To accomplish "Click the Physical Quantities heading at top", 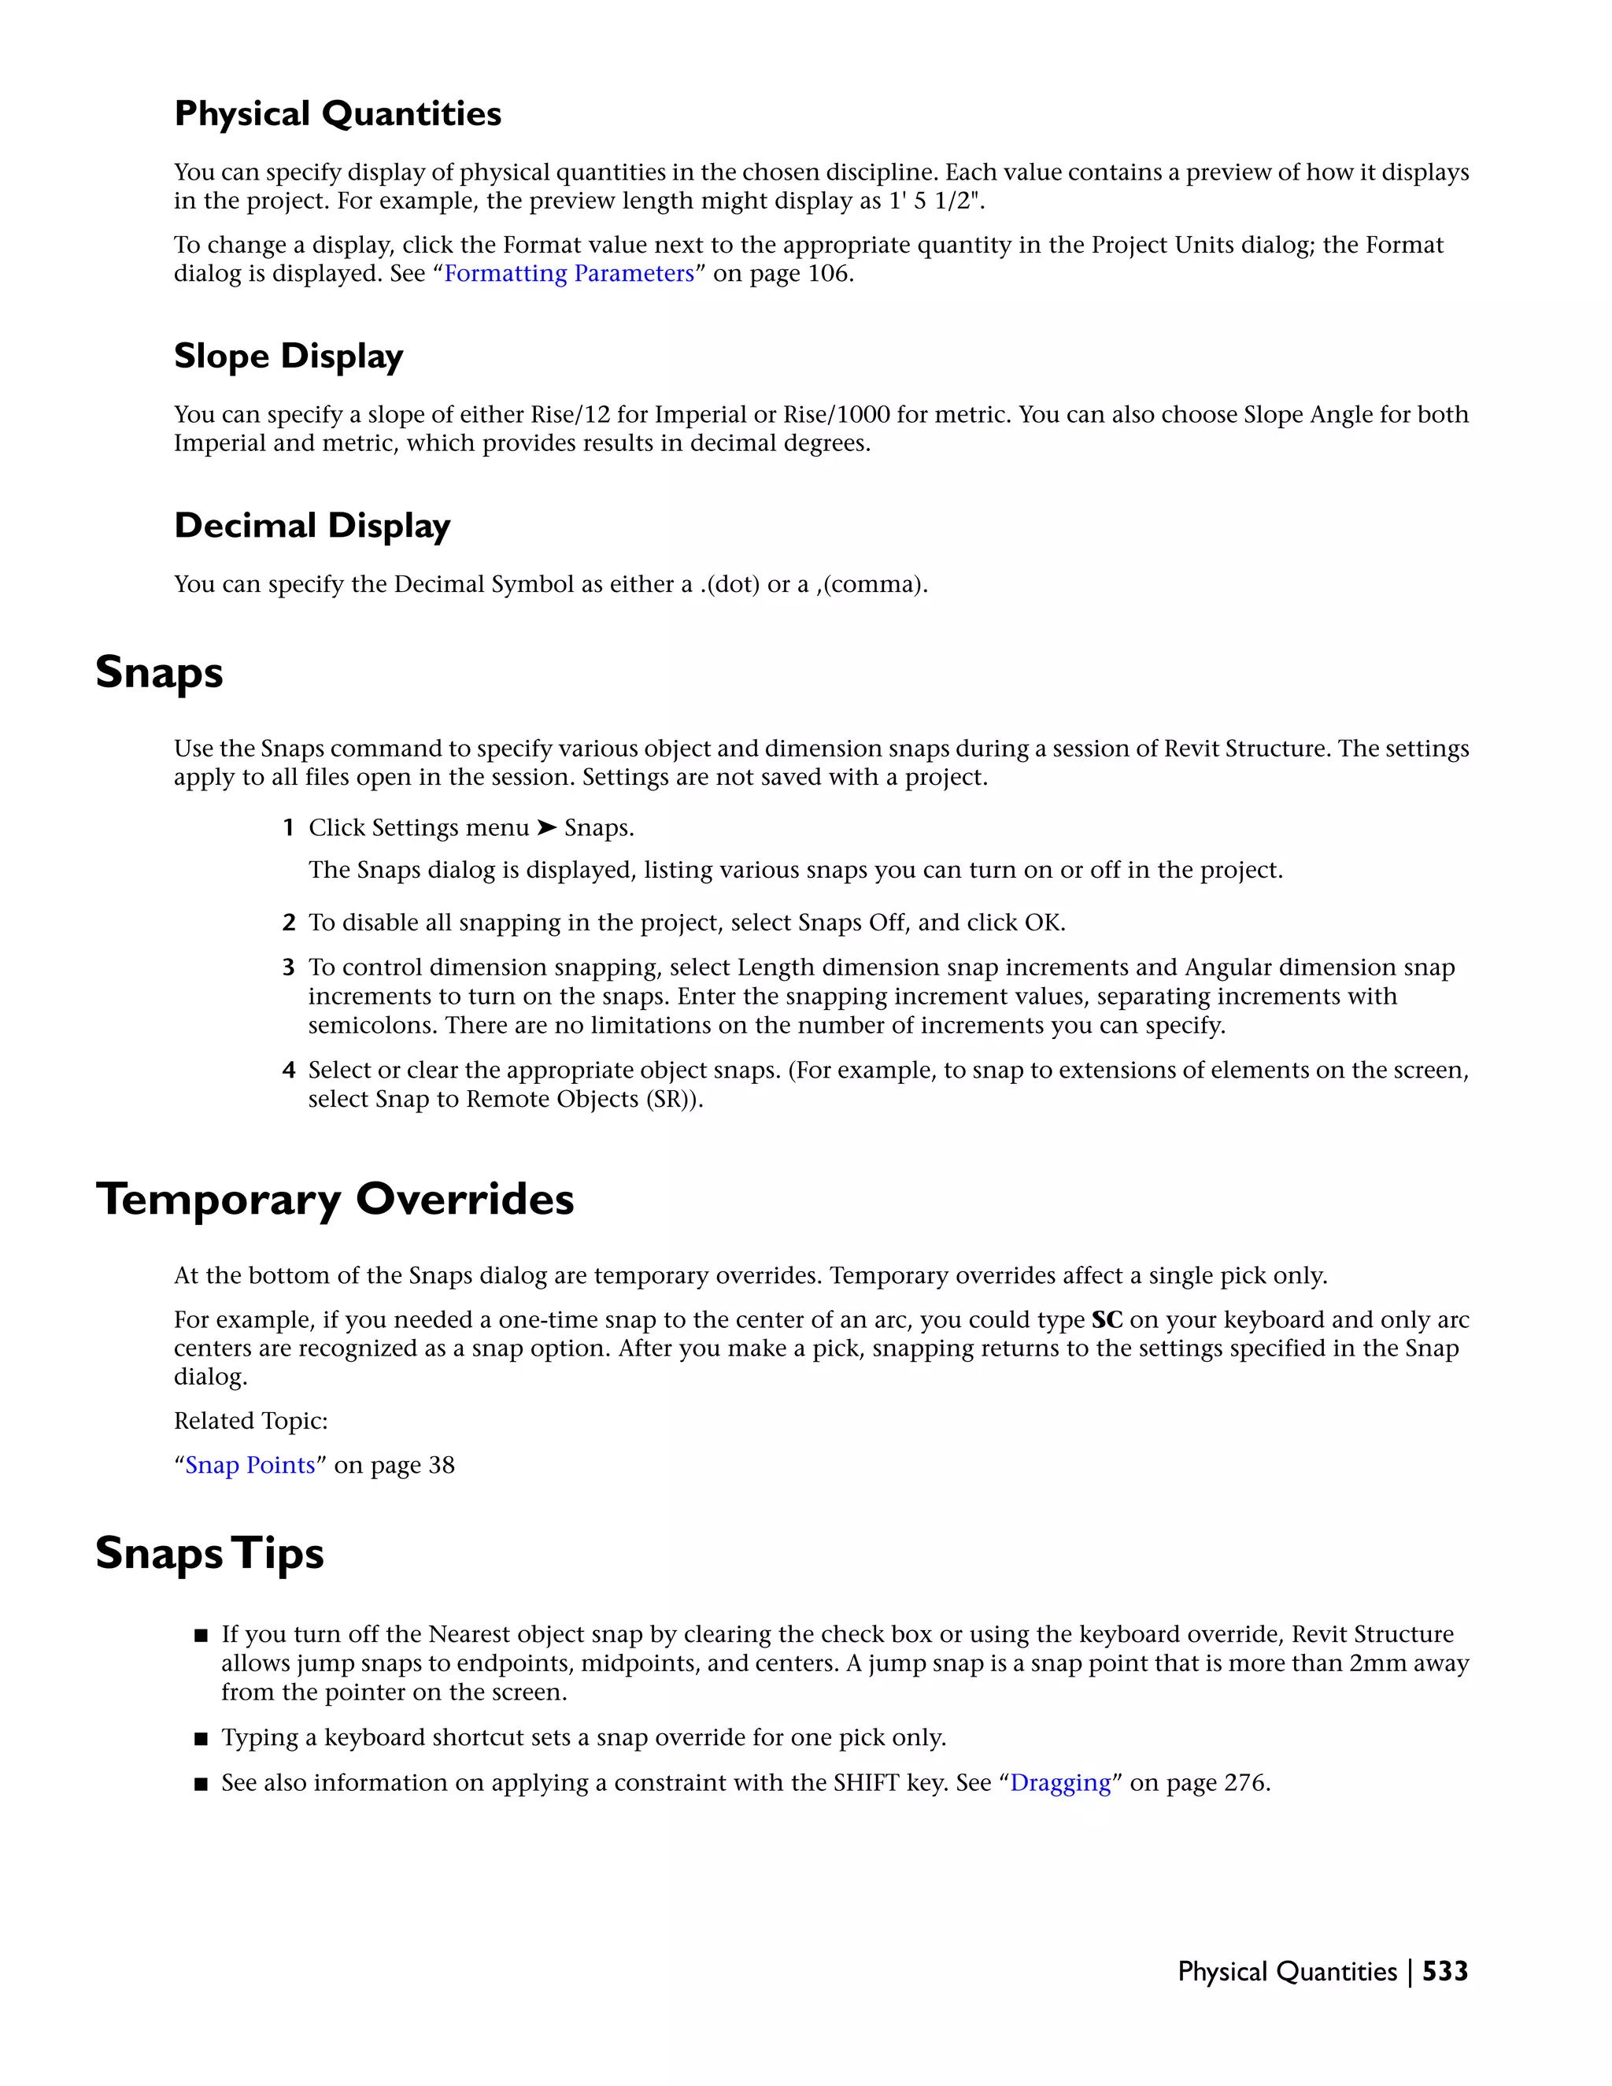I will pyautogui.click(x=337, y=113).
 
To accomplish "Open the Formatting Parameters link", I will pyautogui.click(x=569, y=274).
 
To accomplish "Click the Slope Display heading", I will pyautogui.click(x=288, y=357).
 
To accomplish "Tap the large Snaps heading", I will pyautogui.click(x=160, y=672).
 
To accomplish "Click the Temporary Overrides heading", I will pyautogui.click(x=335, y=1200).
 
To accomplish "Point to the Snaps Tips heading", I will pyautogui.click(x=209, y=1554).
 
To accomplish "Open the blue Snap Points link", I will pyautogui.click(x=250, y=1465).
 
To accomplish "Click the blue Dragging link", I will pyautogui.click(x=1060, y=1783).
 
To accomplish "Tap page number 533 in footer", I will pyautogui.click(x=1445, y=1971).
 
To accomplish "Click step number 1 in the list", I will pyautogui.click(x=288, y=828).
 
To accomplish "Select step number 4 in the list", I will pyautogui.click(x=288, y=1071).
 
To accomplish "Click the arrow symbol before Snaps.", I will pyautogui.click(x=546, y=828).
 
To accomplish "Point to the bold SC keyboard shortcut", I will pyautogui.click(x=1107, y=1320).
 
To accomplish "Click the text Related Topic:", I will pyautogui.click(x=250, y=1421).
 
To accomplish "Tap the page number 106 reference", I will pyautogui.click(x=828, y=274).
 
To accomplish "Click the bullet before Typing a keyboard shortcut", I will pyautogui.click(x=201, y=1738).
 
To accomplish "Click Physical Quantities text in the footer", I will pyautogui.click(x=1286, y=1971).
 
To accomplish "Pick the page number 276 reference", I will pyautogui.click(x=1244, y=1783).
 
